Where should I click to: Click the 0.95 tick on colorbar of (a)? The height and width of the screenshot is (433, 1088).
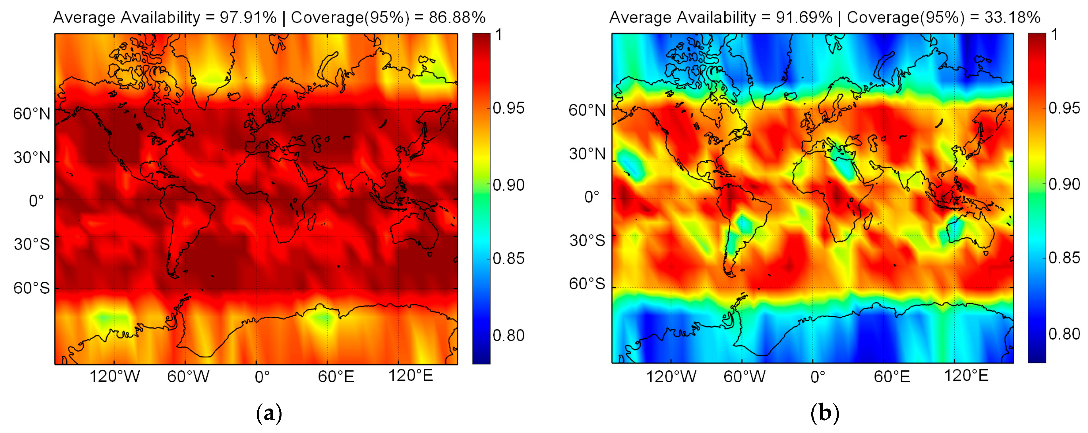pyautogui.click(x=508, y=108)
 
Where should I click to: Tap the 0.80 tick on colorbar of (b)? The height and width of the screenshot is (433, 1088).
pyautogui.click(x=1064, y=334)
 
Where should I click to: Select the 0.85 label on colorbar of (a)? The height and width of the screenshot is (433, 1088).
pyautogui.click(x=508, y=259)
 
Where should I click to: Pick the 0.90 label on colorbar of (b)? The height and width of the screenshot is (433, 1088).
pyautogui.click(x=1064, y=184)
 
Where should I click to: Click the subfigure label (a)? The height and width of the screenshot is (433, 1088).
pyautogui.click(x=269, y=414)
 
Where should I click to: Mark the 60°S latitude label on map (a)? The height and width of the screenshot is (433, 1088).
pyautogui.click(x=32, y=288)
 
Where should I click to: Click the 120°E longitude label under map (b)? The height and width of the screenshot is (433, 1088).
pyautogui.click(x=966, y=375)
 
